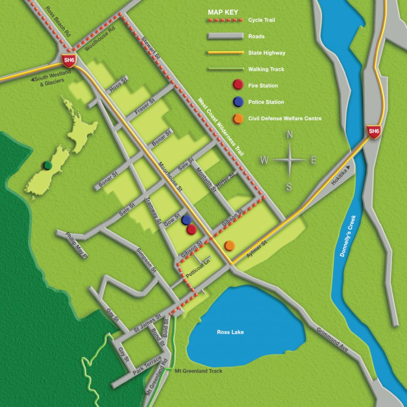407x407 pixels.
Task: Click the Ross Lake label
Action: point(230,332)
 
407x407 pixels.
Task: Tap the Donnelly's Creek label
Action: point(348,235)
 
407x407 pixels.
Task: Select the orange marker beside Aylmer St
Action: point(230,246)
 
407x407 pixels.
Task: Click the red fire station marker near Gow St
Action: point(191,229)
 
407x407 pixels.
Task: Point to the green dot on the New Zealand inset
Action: point(48,165)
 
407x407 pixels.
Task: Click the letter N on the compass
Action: point(290,135)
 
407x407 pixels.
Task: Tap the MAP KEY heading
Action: point(223,12)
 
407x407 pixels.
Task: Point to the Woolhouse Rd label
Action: point(99,40)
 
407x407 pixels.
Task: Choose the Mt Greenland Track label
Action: point(199,371)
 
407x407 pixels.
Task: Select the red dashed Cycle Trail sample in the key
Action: point(225,20)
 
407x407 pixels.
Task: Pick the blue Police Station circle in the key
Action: point(238,102)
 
